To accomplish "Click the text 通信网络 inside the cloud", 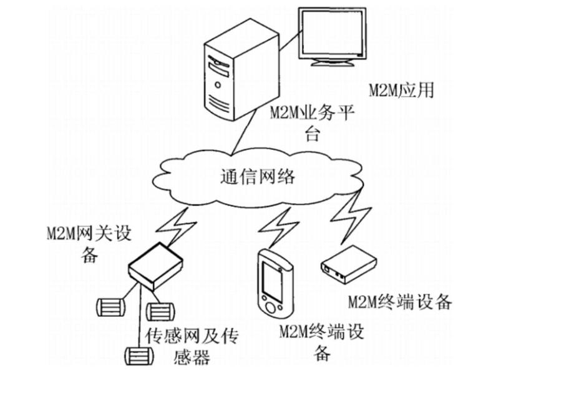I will tap(258, 176).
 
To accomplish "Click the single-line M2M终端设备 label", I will tap(399, 302).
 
